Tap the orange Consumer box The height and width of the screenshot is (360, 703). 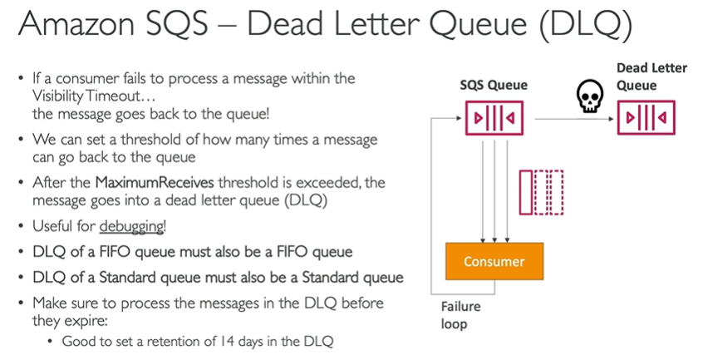(494, 261)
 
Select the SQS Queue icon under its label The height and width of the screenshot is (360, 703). (494, 118)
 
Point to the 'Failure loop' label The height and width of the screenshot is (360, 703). (460, 315)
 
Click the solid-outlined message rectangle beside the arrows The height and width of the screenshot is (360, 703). (525, 192)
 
